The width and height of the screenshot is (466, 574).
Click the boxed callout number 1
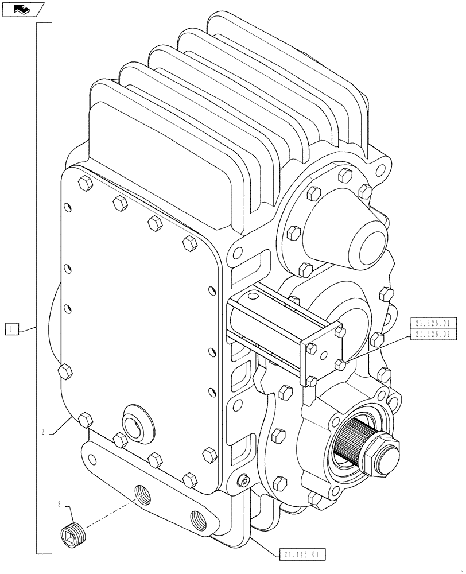click(13, 329)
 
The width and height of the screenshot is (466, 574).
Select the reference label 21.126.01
click(434, 323)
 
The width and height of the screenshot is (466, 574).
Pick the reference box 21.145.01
click(304, 554)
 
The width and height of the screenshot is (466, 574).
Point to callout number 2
click(44, 432)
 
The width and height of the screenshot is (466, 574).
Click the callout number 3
click(60, 505)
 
